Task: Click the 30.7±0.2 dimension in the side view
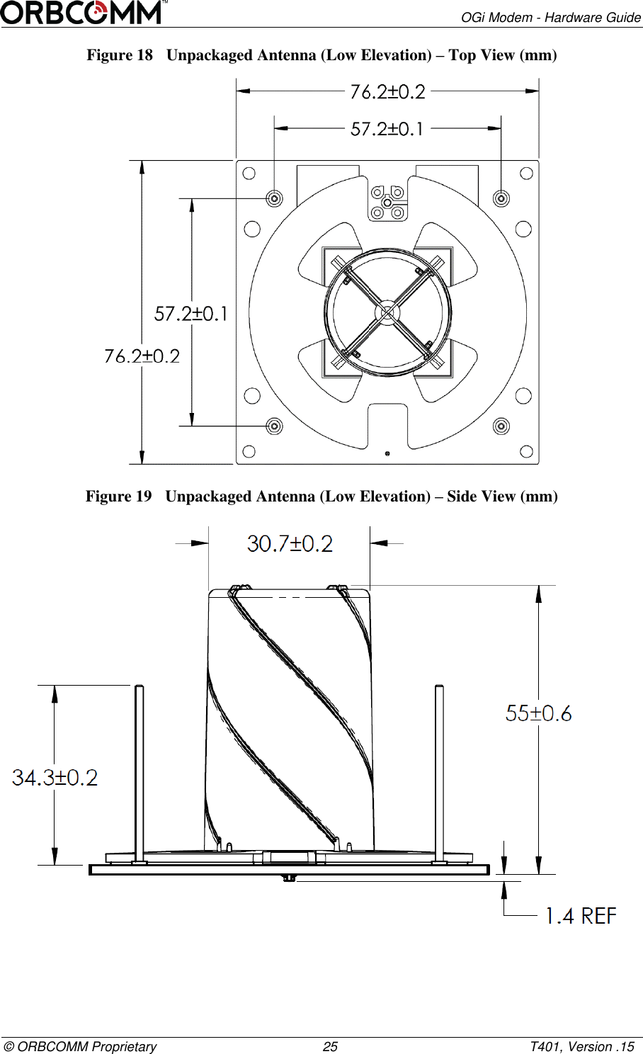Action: point(290,544)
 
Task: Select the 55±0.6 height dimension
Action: point(538,713)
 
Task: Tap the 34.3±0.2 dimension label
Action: point(55,778)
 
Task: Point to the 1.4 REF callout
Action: point(581,916)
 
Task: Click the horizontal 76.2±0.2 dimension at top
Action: point(388,91)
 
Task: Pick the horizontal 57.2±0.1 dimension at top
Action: point(387,129)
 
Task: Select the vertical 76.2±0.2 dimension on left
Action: point(142,356)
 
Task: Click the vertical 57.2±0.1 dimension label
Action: point(191,313)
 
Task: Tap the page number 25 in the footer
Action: point(330,1047)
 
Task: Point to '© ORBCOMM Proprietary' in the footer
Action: point(80,1047)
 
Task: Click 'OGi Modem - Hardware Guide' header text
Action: point(551,17)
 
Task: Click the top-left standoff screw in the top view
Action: point(274,198)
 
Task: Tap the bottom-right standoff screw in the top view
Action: point(501,426)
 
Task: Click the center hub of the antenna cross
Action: point(387,312)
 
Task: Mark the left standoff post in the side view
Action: point(139,772)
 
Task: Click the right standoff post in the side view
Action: point(440,772)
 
